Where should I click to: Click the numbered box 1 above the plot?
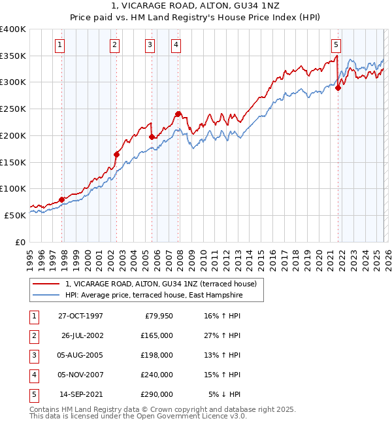click(x=59, y=45)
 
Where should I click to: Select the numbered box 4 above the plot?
click(x=176, y=45)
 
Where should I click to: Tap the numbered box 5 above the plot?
click(x=336, y=45)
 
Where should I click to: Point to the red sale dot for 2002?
click(x=117, y=154)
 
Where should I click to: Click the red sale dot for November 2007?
click(x=178, y=114)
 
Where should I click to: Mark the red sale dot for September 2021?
click(x=338, y=88)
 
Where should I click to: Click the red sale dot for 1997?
click(x=62, y=199)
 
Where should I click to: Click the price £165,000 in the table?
click(x=157, y=335)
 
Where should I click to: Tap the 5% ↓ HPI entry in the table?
click(x=225, y=394)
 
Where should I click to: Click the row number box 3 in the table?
click(x=32, y=355)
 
